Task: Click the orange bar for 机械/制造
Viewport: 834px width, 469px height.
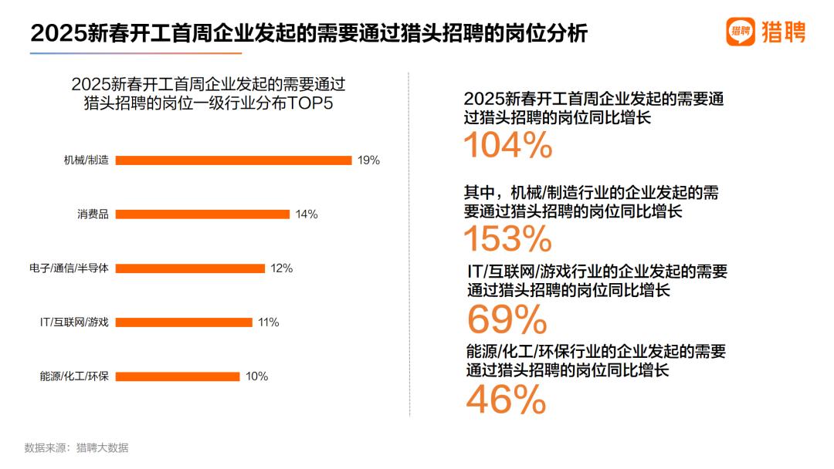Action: point(233,160)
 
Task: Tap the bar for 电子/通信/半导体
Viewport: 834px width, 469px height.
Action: point(190,268)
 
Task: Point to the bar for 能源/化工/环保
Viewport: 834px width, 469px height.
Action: point(178,376)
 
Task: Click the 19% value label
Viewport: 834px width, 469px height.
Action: point(368,160)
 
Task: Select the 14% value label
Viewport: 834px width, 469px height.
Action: point(307,214)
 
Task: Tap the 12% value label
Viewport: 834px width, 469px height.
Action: point(282,268)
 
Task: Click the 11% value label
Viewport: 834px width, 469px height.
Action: point(269,322)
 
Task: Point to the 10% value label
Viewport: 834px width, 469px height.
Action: point(256,376)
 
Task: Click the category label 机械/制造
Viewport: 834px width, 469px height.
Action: point(86,160)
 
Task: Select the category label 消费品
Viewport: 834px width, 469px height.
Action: point(93,214)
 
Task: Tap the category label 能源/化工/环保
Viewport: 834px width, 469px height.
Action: point(74,376)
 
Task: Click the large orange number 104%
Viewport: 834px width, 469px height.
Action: point(508,145)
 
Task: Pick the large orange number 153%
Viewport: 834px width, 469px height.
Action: point(507,239)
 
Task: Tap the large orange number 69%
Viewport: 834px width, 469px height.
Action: point(507,319)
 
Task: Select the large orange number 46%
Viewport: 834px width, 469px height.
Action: point(507,400)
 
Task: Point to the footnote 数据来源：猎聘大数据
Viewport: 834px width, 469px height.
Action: point(76,447)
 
